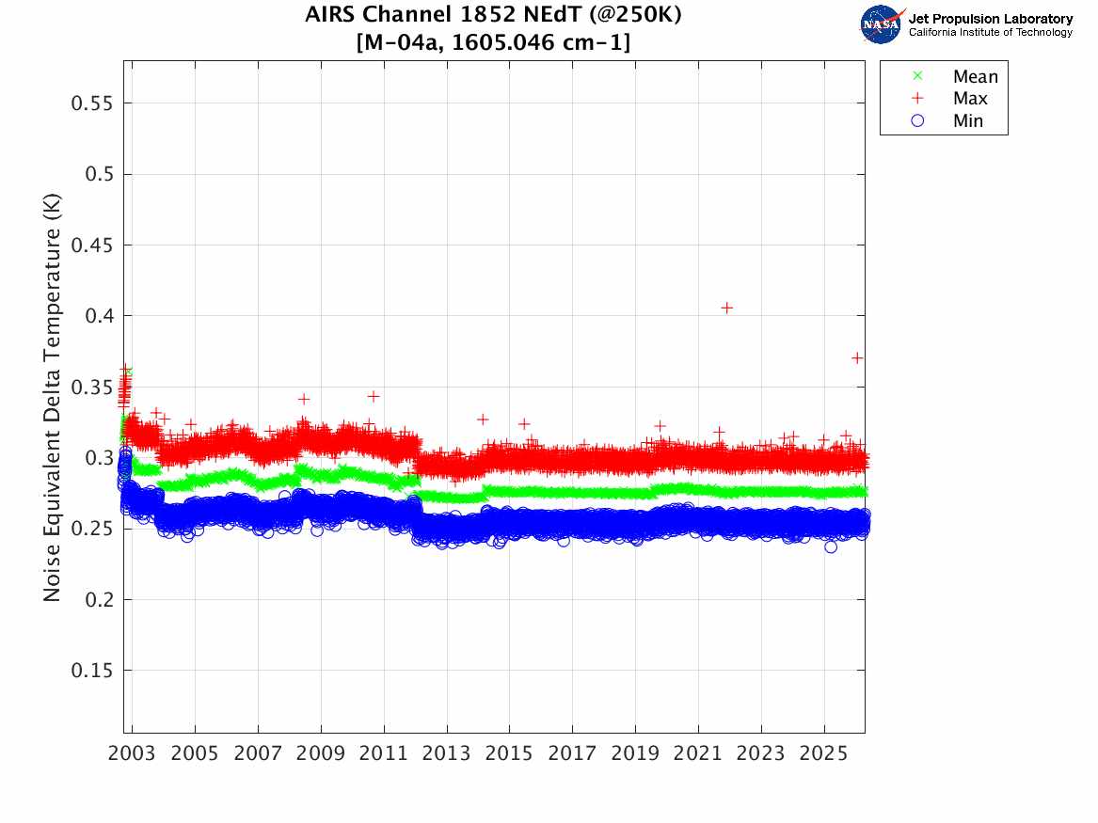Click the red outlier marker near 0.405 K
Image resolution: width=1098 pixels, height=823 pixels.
click(x=726, y=308)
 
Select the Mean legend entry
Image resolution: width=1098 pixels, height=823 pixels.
click(x=974, y=77)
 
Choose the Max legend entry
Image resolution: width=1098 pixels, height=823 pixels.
click(x=970, y=99)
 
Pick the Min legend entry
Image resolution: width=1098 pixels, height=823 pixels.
click(x=968, y=120)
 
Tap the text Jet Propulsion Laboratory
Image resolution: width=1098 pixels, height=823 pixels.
click(x=990, y=18)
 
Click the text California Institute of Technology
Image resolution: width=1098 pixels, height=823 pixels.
click(x=990, y=33)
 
